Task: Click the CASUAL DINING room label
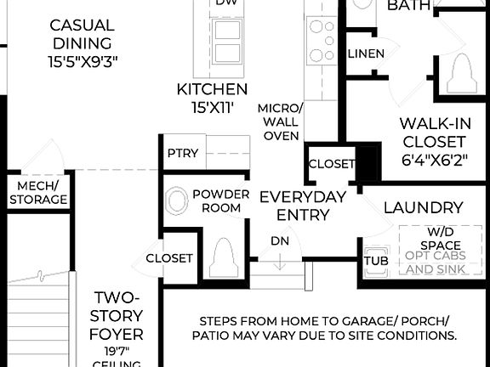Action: tap(83, 33)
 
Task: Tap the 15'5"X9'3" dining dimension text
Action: tap(83, 61)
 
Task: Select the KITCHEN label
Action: tap(212, 89)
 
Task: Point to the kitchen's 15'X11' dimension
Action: tap(212, 107)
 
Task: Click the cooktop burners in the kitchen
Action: tap(322, 40)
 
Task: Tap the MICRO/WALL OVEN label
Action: tap(280, 122)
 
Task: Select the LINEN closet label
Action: tap(366, 54)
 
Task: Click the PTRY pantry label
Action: tap(183, 153)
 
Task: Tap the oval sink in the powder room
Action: tap(177, 201)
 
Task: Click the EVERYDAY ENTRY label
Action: tap(303, 206)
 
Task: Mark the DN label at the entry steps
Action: tap(280, 240)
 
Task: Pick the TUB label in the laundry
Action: tap(376, 261)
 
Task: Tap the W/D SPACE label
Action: tap(434, 237)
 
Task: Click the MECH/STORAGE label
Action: tap(38, 193)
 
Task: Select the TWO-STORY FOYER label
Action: tap(117, 315)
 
